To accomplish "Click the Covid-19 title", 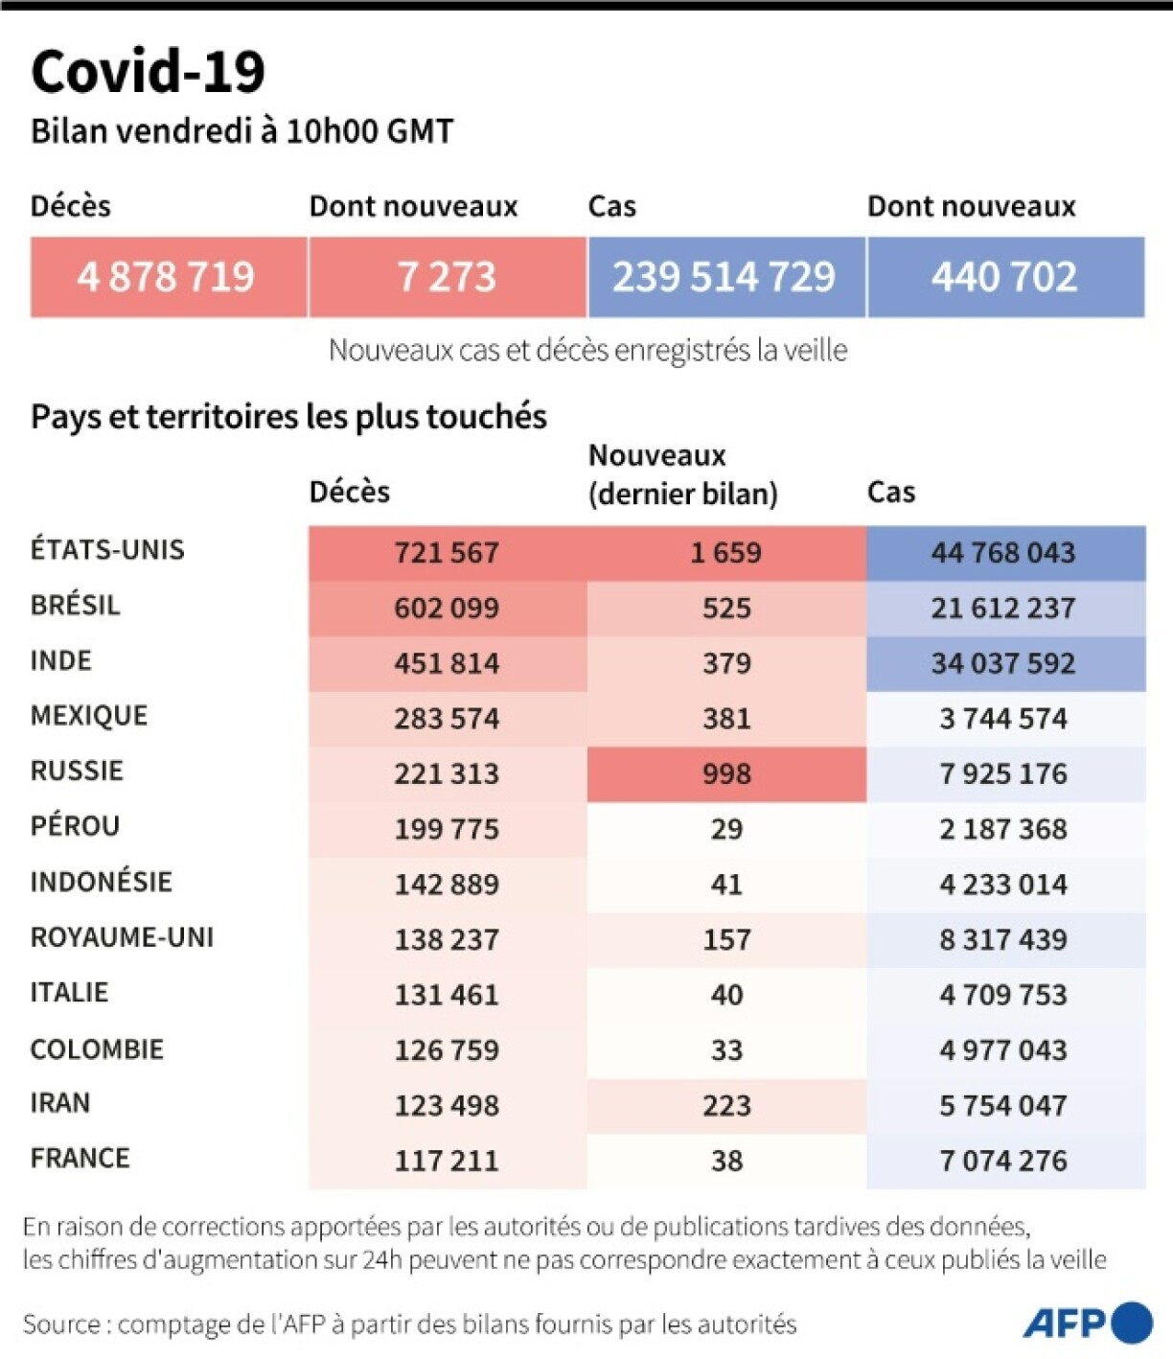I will pos(148,71).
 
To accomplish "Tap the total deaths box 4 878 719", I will pos(168,277).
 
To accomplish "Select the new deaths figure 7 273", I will pos(447,277).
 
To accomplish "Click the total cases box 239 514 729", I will pos(724,277).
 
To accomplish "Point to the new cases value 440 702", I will pos(1004,277).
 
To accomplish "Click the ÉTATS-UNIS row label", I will pos(107,550).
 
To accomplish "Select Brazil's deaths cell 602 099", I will pos(447,608).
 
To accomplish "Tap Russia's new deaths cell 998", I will pos(726,773).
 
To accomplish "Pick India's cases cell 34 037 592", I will pos(1003,663).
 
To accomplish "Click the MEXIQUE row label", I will pos(89,716).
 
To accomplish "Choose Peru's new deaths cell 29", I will pos(726,829).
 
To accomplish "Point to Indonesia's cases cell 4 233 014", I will pos(1003,884).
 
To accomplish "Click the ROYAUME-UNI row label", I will pos(122,937).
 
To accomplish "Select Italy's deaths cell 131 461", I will pos(447,995).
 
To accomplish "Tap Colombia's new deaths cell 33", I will pos(726,1050).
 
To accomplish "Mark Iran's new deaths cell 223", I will pos(726,1105).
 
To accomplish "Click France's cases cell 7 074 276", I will pos(1003,1161).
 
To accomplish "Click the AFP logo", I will pos(1087,1324).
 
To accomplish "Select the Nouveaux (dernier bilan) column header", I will pos(682,474).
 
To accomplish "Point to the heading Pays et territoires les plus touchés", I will pos(288,417).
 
